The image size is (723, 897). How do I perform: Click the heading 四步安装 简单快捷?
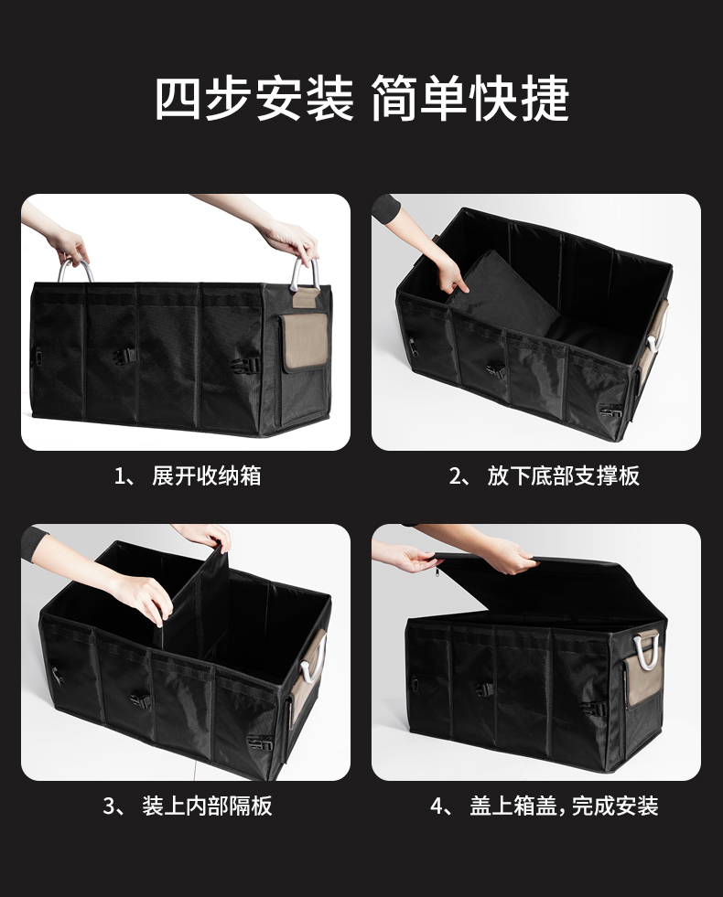click(361, 99)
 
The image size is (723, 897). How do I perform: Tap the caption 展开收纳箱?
click(207, 476)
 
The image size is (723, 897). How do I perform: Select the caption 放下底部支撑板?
click(563, 476)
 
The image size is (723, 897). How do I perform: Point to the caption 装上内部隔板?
click(207, 806)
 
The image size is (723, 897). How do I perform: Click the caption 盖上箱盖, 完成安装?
click(564, 806)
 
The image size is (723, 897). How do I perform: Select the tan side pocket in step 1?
click(305, 342)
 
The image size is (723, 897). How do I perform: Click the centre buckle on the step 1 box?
click(124, 357)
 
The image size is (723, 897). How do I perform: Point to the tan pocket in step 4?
click(642, 682)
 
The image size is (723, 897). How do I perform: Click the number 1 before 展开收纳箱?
click(120, 476)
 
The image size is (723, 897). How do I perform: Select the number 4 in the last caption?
click(437, 806)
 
